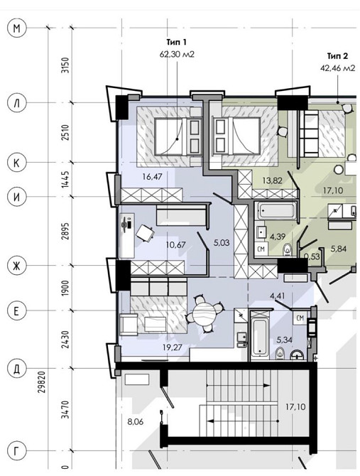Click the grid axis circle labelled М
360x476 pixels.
(x=16, y=28)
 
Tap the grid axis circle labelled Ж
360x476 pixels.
(x=16, y=266)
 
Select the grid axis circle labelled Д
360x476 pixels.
(x=16, y=369)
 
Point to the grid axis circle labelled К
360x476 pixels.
(x=16, y=163)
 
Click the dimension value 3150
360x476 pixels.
(x=65, y=65)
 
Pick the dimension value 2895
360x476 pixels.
(x=65, y=232)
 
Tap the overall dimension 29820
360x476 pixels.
(x=42, y=382)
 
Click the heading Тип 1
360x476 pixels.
(x=177, y=42)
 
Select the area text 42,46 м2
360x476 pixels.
(x=337, y=68)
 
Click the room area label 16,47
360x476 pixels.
(x=152, y=176)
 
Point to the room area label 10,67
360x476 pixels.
(x=176, y=244)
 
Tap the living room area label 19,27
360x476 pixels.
(x=173, y=347)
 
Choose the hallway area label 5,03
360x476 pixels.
(x=222, y=243)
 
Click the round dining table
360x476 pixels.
(x=204, y=314)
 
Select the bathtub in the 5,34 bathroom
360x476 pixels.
(x=260, y=337)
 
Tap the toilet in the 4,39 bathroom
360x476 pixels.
(x=287, y=249)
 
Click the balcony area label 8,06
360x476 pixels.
(x=135, y=422)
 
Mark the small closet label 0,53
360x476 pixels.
(x=312, y=256)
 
